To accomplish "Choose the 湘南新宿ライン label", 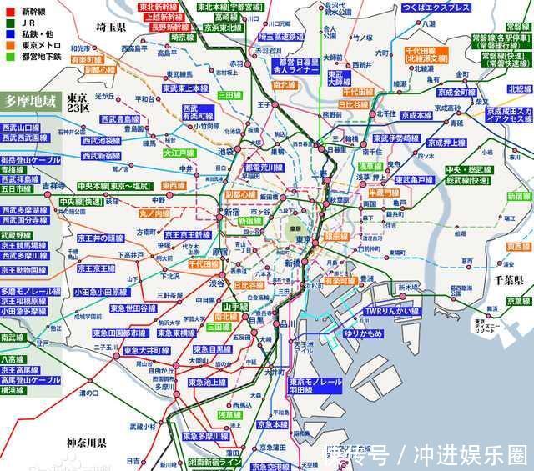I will [215, 462].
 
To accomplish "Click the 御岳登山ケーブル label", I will [31, 160].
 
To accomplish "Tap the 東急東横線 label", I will [197, 333].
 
